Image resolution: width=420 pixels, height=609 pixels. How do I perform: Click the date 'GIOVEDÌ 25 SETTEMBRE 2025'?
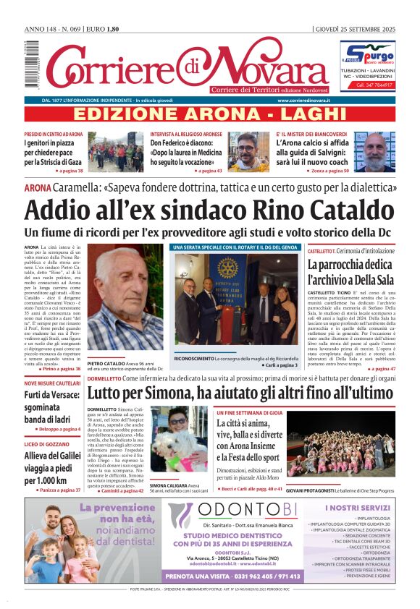tap(356, 29)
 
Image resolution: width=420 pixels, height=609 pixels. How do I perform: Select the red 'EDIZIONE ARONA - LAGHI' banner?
tap(210, 114)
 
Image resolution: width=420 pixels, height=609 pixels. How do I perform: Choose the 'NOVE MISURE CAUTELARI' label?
tap(52, 383)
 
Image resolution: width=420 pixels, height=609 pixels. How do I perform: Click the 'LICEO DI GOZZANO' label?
tap(46, 444)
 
